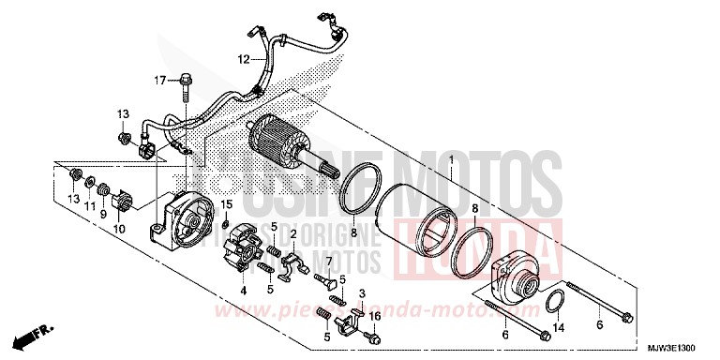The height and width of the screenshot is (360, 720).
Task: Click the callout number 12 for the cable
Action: (x=242, y=59)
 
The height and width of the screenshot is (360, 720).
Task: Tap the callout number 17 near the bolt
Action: (x=160, y=79)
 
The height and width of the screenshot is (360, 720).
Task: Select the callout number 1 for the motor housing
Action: (x=451, y=161)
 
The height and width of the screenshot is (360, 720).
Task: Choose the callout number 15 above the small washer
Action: (x=226, y=204)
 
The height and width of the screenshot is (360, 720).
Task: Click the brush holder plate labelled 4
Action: (x=246, y=256)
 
